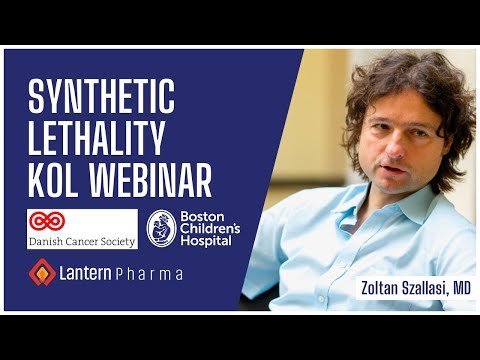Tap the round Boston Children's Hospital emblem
pos(163,230)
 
